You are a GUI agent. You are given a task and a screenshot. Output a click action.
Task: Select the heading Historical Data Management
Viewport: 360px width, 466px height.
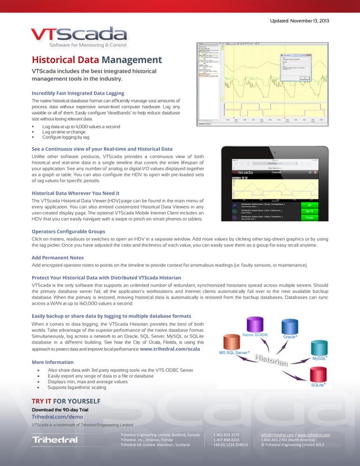point(96,60)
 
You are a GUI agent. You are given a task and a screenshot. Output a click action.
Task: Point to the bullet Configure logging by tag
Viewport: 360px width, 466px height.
point(66,137)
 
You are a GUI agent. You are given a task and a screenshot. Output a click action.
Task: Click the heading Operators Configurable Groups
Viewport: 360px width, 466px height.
point(68,231)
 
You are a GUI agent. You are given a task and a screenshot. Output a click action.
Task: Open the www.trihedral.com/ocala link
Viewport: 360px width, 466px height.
point(170,349)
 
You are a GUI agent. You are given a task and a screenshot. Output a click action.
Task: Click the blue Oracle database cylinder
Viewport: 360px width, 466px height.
point(290,327)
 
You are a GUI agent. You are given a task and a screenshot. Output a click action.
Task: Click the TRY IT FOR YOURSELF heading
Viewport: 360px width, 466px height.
point(67,401)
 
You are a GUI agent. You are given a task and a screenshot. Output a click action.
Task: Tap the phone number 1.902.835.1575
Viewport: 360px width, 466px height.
point(226,435)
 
